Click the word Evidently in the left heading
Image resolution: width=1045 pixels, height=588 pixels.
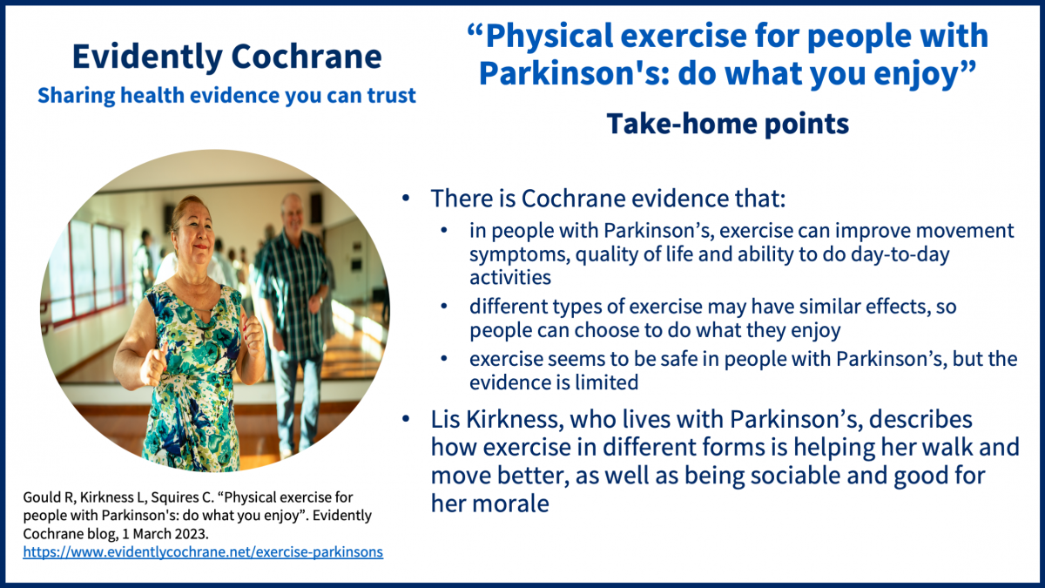[x=147, y=57]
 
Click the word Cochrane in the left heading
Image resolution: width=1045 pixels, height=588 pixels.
[x=307, y=57]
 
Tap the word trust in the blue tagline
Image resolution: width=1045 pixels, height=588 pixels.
[x=391, y=95]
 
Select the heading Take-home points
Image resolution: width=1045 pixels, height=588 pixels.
[x=728, y=124]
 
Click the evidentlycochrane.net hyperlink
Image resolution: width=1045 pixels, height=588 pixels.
[x=203, y=552]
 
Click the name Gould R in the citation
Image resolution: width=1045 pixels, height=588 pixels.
[x=48, y=497]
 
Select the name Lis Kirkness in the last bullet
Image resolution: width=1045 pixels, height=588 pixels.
[x=494, y=419]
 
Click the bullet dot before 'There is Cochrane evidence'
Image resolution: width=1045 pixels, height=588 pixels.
[x=406, y=199]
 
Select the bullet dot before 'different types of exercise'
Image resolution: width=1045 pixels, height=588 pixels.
[x=443, y=307]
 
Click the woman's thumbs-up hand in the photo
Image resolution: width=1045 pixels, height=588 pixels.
[x=153, y=365]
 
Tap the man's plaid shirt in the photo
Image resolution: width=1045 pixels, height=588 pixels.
[x=293, y=289]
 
